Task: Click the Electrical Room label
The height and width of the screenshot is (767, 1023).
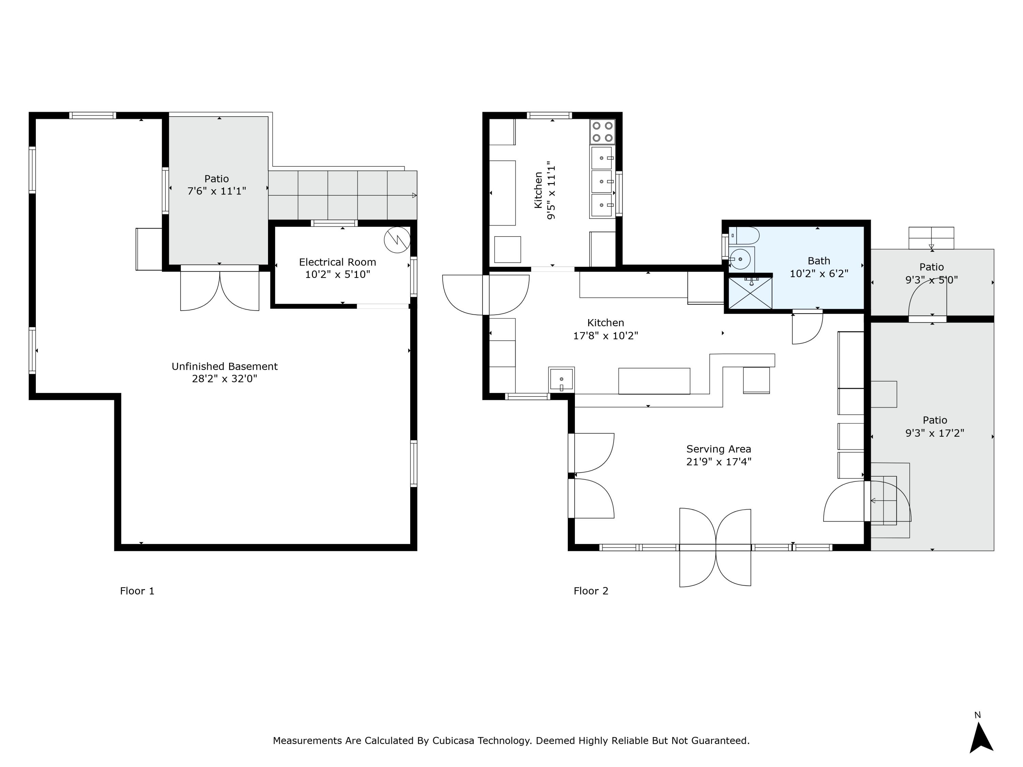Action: click(x=337, y=262)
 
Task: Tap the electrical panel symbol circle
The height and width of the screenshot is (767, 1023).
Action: click(x=397, y=240)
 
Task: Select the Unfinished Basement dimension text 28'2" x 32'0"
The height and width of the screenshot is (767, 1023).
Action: click(x=224, y=379)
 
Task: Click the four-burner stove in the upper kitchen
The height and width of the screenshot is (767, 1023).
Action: click(x=603, y=132)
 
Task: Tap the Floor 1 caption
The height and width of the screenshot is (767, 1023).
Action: click(x=137, y=591)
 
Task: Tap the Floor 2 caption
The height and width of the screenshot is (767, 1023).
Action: click(x=591, y=591)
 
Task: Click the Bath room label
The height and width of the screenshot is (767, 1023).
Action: click(x=819, y=261)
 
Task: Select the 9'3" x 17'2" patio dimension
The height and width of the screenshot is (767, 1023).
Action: click(x=934, y=433)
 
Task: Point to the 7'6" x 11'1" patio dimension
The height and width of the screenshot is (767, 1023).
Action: click(x=217, y=191)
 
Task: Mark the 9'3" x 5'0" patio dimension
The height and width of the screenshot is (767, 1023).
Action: click(x=931, y=280)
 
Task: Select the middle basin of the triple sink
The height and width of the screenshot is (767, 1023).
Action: click(x=602, y=182)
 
